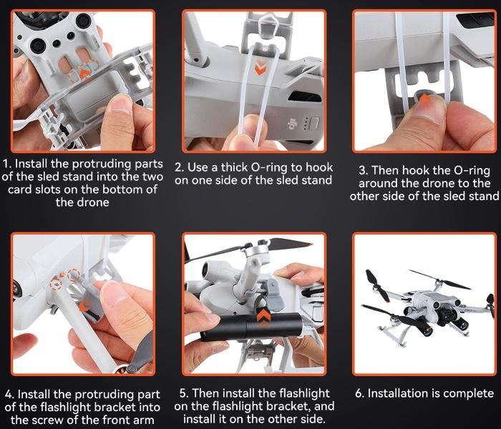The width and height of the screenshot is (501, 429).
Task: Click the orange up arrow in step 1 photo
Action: coord(84,74)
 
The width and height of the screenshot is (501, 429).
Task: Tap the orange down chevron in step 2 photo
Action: coord(260,67)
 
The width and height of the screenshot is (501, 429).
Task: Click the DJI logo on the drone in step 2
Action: coord(292,125)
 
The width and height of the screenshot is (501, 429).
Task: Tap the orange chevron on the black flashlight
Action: coord(263,318)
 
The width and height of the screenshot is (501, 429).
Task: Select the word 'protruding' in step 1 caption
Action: coord(102,164)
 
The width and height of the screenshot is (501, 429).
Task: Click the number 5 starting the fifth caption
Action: coord(183,393)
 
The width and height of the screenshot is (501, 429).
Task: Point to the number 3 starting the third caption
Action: coord(362,170)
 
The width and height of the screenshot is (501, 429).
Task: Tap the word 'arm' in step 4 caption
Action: coord(143,420)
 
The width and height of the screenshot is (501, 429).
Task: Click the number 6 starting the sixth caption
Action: coord(359,393)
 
